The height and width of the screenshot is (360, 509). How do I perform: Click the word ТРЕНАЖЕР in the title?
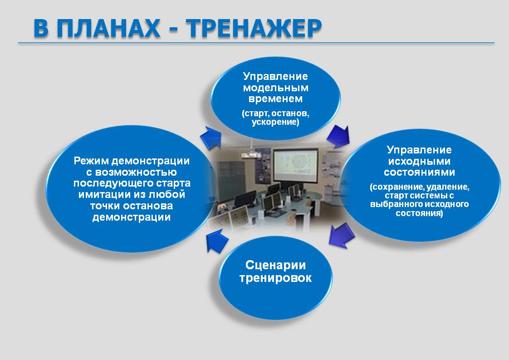coord(254,28)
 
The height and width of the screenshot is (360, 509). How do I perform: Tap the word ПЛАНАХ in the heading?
coord(108,29)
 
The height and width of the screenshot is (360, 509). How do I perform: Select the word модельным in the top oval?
coord(276,88)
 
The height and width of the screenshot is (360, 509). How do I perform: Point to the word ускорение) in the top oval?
coord(275,122)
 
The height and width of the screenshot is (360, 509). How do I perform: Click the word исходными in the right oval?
coord(419,161)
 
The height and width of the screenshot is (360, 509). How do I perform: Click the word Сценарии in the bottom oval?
coord(276,265)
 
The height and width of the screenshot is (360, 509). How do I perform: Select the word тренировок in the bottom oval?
coord(276,278)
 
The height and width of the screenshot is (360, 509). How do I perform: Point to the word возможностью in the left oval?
coord(136,172)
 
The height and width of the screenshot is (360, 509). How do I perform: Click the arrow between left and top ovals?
coord(210,138)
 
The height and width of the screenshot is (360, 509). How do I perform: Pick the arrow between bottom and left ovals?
coord(217,241)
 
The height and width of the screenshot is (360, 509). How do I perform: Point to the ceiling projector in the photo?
coord(250,155)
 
